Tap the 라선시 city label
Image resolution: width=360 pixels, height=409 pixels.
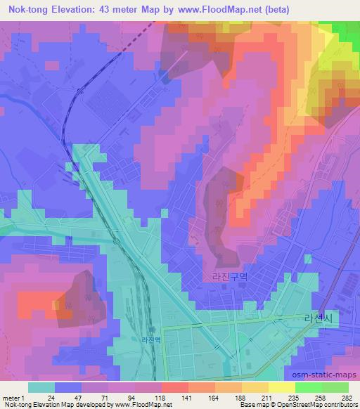click(316, 318)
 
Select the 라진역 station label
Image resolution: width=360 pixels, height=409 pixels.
click(151, 340)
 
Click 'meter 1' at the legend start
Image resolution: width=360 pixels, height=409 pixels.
click(13, 396)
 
